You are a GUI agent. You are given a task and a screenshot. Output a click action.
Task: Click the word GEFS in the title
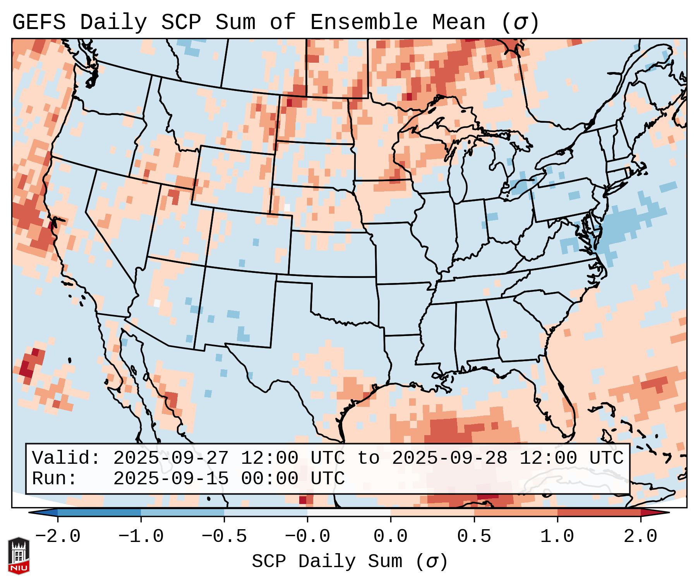click(x=39, y=22)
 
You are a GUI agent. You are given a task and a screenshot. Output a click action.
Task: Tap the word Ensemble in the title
click(x=364, y=22)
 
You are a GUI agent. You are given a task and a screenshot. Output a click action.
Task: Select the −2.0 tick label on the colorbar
click(x=58, y=537)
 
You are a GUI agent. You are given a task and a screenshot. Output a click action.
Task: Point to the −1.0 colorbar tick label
click(x=141, y=537)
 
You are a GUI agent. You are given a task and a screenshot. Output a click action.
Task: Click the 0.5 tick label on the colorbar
click(x=474, y=537)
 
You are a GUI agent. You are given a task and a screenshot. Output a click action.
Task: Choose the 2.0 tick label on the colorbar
click(x=641, y=537)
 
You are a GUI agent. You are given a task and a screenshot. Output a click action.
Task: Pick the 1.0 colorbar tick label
click(x=557, y=537)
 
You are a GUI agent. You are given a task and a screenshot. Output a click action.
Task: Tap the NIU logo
click(x=19, y=556)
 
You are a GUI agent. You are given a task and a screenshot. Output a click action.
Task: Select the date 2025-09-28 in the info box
click(x=449, y=458)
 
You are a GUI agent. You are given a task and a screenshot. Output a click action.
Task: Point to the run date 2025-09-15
click(x=171, y=478)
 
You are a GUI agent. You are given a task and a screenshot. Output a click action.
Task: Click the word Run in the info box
click(x=54, y=478)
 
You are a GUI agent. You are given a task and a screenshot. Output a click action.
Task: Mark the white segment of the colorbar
click(x=349, y=513)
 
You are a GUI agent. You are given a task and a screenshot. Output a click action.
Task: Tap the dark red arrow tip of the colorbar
click(x=658, y=513)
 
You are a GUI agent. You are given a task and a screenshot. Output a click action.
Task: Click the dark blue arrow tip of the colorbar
click(x=41, y=513)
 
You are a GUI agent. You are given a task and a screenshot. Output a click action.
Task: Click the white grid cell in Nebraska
click(x=287, y=207)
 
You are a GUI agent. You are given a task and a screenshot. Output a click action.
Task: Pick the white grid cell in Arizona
click(x=157, y=303)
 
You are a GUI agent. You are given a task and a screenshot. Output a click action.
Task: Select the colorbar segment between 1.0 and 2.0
click(x=599, y=513)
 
